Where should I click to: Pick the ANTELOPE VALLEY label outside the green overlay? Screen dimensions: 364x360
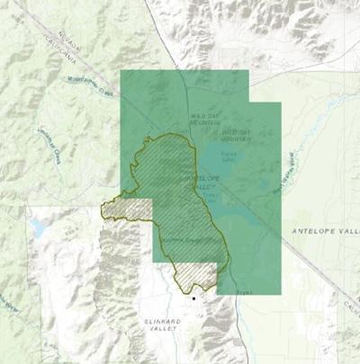[325, 231]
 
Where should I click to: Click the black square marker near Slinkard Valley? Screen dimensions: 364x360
[193, 297]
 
